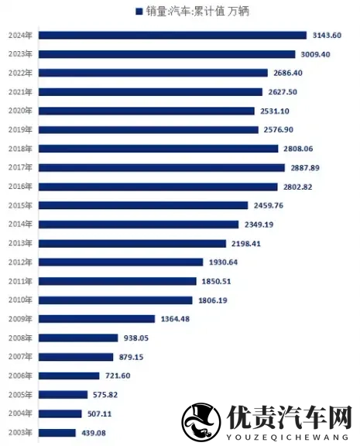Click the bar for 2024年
coord(172,35)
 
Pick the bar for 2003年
coord(57,432)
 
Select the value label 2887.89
coord(303,167)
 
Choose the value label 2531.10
coord(276,111)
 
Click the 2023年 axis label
coord(19,54)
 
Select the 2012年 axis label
coord(19,262)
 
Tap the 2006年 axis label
coord(19,376)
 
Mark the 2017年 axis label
coord(19,167)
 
